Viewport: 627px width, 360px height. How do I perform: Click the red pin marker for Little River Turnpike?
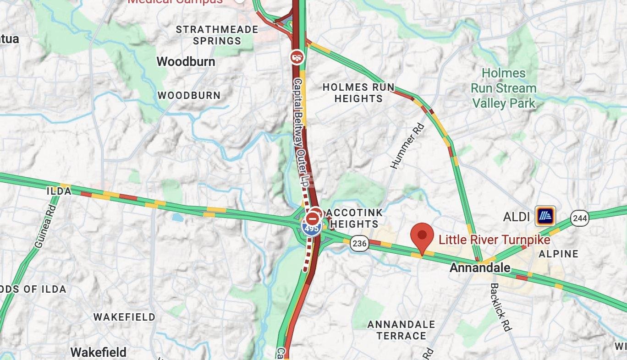(422, 236)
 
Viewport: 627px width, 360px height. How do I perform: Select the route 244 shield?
(580, 218)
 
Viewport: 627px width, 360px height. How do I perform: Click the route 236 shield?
(359, 243)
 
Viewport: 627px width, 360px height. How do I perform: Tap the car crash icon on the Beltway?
(297, 57)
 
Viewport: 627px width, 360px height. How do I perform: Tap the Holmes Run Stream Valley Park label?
(504, 88)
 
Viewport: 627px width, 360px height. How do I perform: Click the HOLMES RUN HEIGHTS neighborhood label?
(358, 93)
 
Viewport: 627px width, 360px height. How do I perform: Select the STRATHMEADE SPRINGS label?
(217, 35)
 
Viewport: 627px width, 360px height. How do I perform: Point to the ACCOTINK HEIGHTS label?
(353, 218)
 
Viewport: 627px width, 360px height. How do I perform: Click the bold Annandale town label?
(480, 267)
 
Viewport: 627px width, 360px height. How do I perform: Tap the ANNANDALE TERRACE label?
(401, 330)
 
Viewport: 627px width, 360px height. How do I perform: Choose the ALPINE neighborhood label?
(558, 254)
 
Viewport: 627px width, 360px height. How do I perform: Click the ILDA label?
(59, 191)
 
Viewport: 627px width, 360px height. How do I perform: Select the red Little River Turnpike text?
(494, 239)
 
